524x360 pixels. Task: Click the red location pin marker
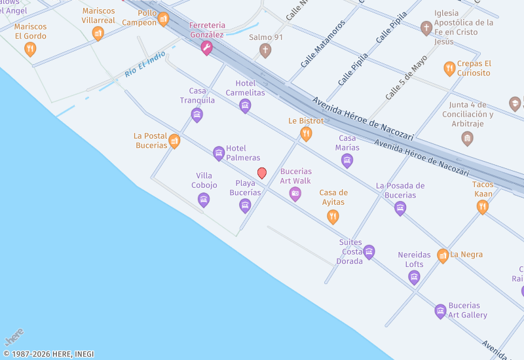(x=262, y=173)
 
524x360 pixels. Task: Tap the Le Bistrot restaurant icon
(x=306, y=134)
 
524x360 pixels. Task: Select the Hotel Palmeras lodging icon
(x=219, y=153)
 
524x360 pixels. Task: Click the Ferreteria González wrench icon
(x=207, y=47)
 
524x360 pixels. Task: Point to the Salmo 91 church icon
(x=265, y=50)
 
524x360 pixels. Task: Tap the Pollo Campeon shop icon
(x=164, y=19)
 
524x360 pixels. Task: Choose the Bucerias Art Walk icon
(x=295, y=194)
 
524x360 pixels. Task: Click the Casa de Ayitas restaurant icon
(x=333, y=217)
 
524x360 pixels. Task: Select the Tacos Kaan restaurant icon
(x=483, y=207)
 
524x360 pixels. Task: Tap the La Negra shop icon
(x=443, y=255)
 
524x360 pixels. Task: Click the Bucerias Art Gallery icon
(x=441, y=311)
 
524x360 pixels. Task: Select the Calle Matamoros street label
(x=323, y=44)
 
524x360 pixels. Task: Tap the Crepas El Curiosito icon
(x=449, y=68)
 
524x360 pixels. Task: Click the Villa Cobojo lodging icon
(x=204, y=200)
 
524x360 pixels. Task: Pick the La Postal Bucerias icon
(x=174, y=141)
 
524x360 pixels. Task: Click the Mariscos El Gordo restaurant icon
(x=30, y=48)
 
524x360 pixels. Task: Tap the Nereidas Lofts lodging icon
(x=414, y=278)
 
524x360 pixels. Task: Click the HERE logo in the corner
(x=14, y=337)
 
